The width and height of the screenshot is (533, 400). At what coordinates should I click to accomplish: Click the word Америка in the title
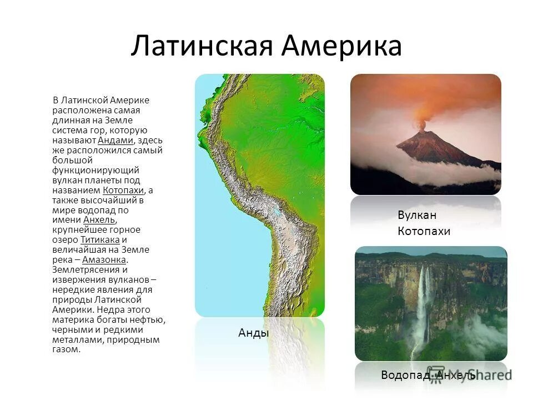click(341, 46)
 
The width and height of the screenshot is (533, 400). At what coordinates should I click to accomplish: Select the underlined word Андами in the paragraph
click(115, 140)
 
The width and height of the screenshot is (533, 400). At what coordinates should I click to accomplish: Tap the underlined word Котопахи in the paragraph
click(123, 190)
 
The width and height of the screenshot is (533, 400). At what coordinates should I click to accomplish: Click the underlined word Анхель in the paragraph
click(99, 220)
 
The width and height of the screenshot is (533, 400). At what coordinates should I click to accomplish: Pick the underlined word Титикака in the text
click(100, 240)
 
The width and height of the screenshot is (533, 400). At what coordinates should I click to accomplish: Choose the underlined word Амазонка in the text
click(104, 260)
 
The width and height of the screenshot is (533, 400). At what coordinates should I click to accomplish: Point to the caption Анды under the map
click(253, 333)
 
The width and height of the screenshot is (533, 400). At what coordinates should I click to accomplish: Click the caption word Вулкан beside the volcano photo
click(417, 216)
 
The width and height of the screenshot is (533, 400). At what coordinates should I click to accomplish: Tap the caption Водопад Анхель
click(428, 376)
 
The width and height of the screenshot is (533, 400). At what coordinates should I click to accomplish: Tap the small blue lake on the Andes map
click(275, 212)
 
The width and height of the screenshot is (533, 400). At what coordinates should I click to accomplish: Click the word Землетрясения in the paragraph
click(82, 270)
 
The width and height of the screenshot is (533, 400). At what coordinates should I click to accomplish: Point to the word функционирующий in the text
click(95, 170)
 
